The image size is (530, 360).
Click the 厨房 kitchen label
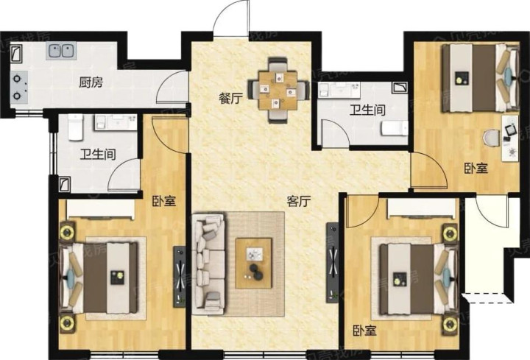(x=91, y=82)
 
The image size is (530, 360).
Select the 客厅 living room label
(x=298, y=202)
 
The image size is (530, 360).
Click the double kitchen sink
(x=61, y=51)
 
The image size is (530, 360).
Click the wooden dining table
(x=278, y=91)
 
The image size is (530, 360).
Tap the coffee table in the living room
(x=254, y=263)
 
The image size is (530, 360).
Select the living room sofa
(x=209, y=264)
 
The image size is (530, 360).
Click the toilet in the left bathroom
(x=76, y=127)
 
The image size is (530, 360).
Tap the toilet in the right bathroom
(x=395, y=128)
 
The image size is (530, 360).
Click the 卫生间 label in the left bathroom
(x=98, y=155)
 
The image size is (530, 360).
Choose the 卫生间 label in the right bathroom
(x=367, y=110)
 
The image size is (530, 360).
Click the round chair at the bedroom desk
(x=491, y=138)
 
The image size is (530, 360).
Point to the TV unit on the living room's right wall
(x=333, y=263)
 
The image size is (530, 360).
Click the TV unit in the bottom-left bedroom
(x=180, y=277)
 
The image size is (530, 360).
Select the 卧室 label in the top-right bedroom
(x=476, y=168)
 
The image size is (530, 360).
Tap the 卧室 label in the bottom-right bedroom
(x=365, y=331)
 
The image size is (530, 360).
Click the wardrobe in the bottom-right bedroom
(x=423, y=208)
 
